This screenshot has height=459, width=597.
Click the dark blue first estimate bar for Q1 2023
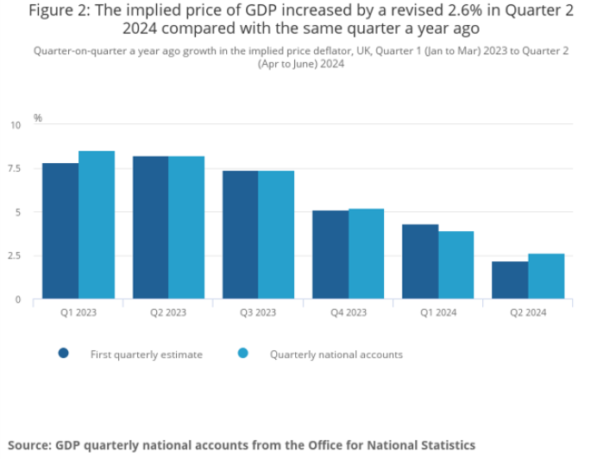tap(60, 231)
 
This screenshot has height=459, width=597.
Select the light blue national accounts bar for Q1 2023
tap(97, 225)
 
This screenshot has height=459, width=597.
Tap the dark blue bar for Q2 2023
tap(150, 228)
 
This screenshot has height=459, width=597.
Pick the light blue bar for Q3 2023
tap(276, 235)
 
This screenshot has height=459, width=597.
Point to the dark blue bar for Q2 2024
tap(510, 280)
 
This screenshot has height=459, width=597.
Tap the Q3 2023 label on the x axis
tap(258, 312)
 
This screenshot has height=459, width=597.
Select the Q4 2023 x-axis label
tap(348, 312)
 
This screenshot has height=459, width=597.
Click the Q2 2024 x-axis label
tap(528, 312)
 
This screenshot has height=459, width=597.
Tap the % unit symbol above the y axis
tap(38, 117)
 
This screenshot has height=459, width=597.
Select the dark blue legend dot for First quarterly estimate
tap(63, 354)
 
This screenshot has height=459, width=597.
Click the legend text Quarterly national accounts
tap(336, 355)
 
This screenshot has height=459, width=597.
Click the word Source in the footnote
tap(29, 445)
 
